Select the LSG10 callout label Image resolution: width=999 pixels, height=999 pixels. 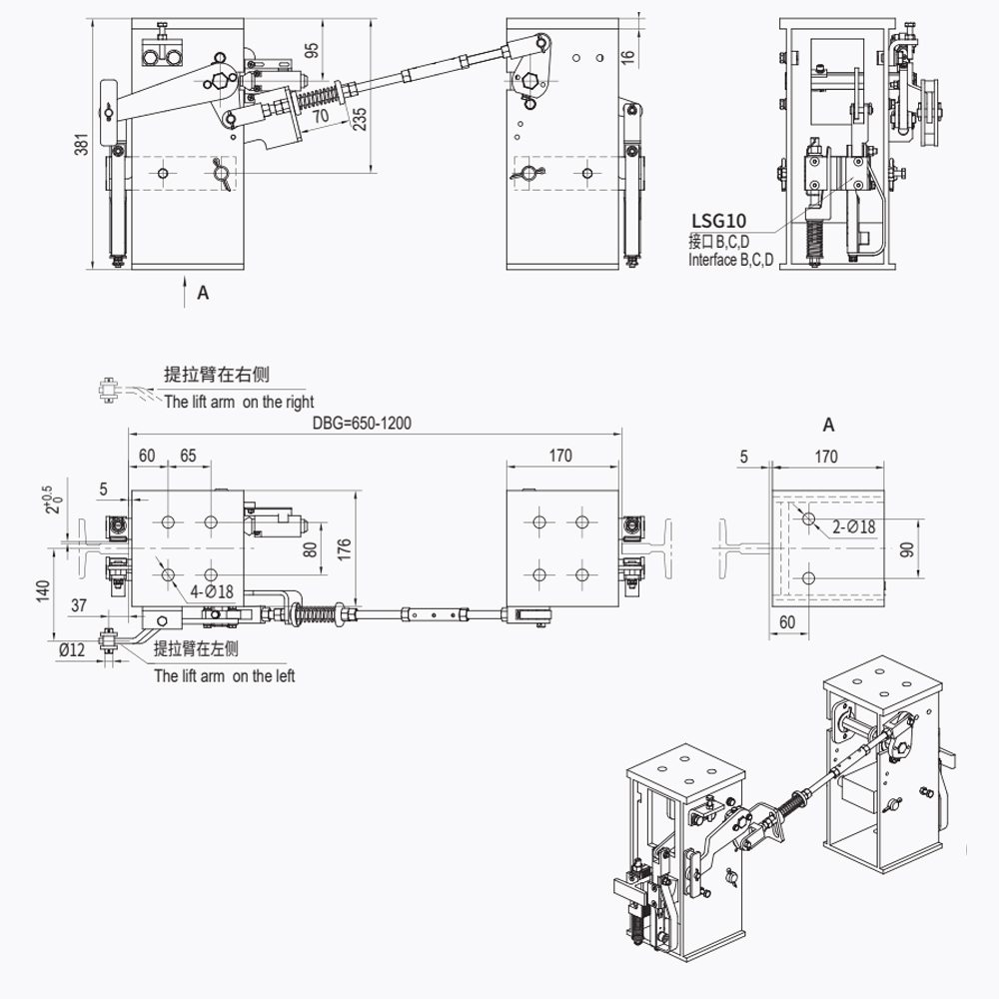[718, 221]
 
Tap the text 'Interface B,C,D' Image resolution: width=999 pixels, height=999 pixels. [730, 260]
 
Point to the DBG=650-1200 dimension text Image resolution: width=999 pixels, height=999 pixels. [362, 423]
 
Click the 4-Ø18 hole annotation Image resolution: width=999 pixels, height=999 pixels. [211, 591]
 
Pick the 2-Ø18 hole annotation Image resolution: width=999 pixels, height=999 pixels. [853, 526]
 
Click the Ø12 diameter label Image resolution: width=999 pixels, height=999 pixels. [71, 649]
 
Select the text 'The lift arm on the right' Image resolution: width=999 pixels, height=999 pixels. [239, 403]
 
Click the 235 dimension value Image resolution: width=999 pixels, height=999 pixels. [359, 117]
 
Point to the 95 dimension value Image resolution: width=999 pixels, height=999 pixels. [312, 51]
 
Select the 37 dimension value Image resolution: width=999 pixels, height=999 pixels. [81, 605]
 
